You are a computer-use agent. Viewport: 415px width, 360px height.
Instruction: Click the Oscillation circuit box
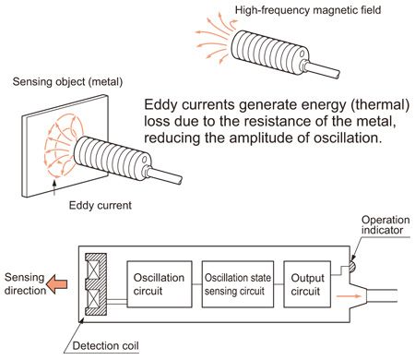(160, 284)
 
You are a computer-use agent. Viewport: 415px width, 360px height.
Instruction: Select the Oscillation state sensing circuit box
(238, 284)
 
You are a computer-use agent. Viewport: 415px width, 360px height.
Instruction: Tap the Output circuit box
(307, 284)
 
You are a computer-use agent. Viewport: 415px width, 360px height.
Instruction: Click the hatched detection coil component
(96, 284)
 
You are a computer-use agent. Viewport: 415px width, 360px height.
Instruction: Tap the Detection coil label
(105, 345)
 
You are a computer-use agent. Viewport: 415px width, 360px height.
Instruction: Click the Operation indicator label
(385, 225)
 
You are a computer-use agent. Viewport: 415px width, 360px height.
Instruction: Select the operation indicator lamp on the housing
(352, 267)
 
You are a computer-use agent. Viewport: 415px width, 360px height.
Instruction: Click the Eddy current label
(101, 205)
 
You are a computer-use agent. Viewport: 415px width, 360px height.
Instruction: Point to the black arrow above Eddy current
(54, 187)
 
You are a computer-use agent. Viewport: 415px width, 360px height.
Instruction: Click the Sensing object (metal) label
(67, 82)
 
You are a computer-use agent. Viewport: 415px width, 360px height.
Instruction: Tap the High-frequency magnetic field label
(308, 10)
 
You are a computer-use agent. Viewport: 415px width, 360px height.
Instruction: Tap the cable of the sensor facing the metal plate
(166, 176)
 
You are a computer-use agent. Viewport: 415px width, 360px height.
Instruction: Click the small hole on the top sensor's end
(302, 54)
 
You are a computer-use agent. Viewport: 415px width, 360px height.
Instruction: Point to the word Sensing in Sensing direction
(24, 278)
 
